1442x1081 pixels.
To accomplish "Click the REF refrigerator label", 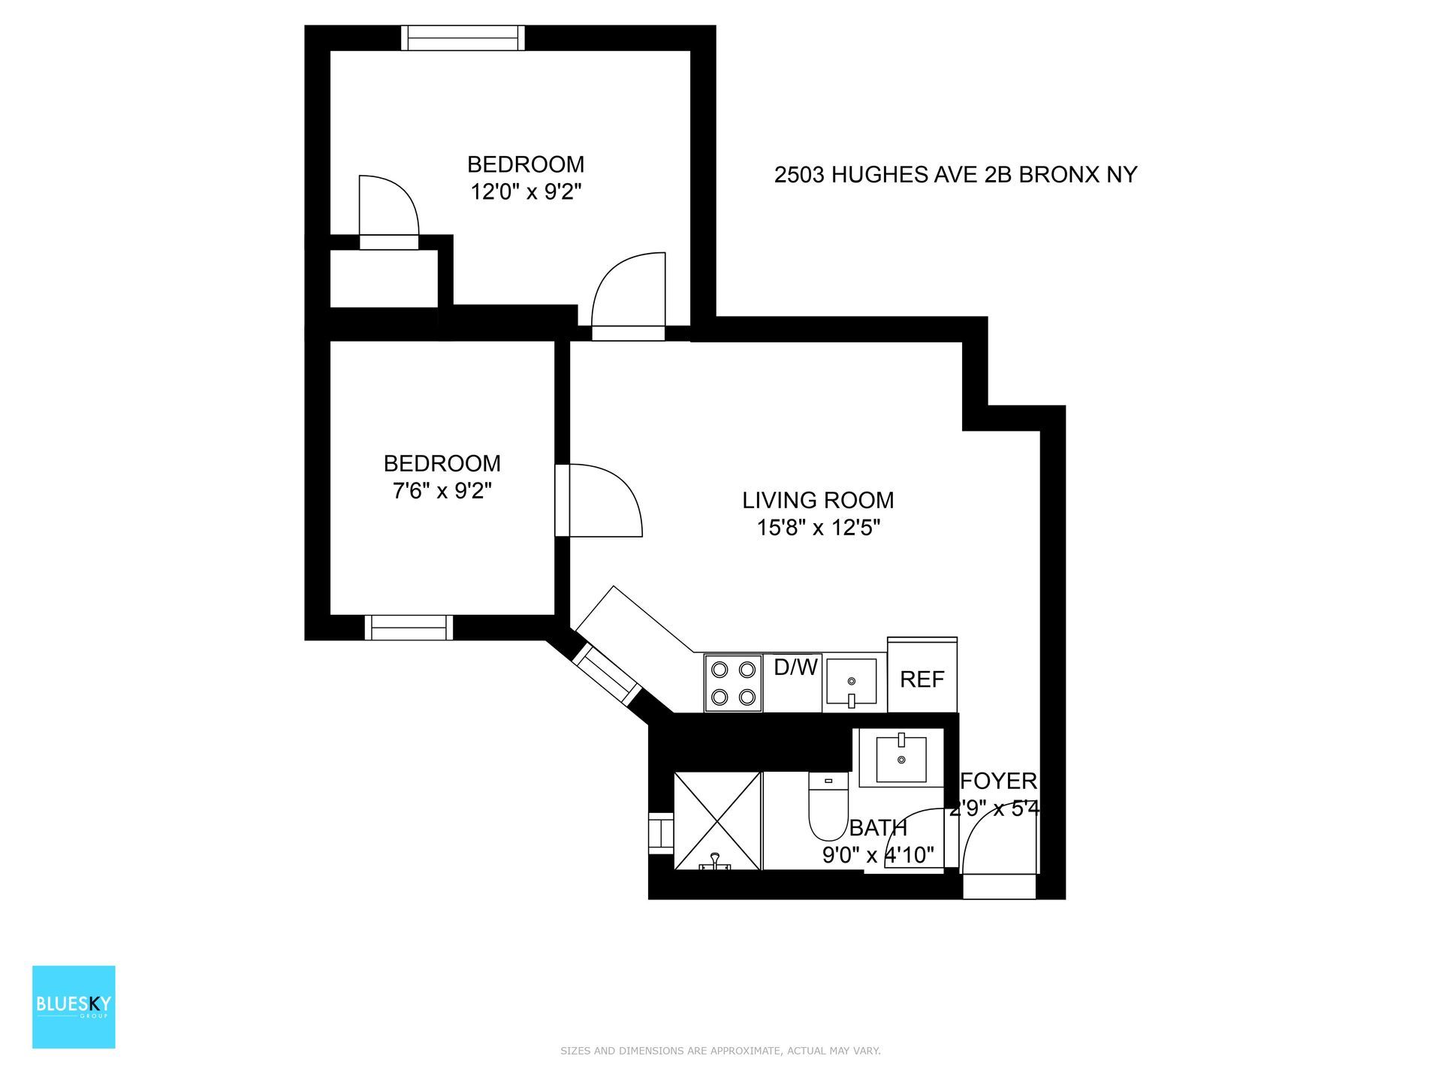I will [x=922, y=679].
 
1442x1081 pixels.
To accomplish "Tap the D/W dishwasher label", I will [x=795, y=667].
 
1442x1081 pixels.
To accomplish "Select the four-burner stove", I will [x=733, y=683].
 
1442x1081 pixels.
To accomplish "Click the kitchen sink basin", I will [x=851, y=682].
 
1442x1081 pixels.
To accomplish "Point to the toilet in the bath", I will [x=828, y=808].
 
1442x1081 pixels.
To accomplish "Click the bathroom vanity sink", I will [x=901, y=758].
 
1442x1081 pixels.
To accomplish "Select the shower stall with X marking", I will [x=718, y=821].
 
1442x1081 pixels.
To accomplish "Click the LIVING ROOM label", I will [x=818, y=500].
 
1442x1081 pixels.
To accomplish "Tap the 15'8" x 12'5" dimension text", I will [x=818, y=528].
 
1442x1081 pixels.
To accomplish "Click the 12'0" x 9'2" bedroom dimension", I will [x=526, y=192].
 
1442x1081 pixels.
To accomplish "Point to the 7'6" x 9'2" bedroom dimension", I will [x=442, y=491].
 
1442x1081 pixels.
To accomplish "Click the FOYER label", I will [x=999, y=781].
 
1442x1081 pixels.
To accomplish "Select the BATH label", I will [x=878, y=828].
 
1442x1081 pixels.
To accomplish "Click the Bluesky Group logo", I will [x=74, y=1007].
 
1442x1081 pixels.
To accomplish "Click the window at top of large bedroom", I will [x=462, y=38].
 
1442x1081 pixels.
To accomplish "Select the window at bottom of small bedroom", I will [x=409, y=627].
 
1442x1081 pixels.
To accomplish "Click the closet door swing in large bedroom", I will [x=387, y=206].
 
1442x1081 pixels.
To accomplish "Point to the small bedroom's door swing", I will [x=605, y=499].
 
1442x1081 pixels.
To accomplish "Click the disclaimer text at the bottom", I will [x=720, y=1051].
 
